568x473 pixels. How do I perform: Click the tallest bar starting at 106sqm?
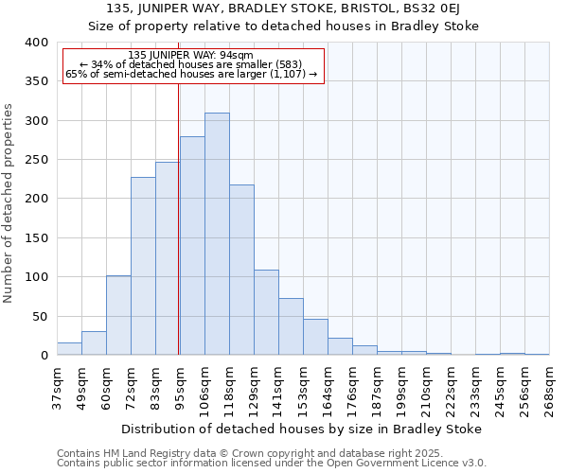pos(217,234)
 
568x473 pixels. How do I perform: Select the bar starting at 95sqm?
pos(192,246)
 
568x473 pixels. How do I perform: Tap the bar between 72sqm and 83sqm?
pos(143,266)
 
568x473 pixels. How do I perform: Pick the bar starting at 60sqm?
pos(118,315)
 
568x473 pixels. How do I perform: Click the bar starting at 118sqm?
pos(241,270)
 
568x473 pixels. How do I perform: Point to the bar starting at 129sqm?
pos(266,312)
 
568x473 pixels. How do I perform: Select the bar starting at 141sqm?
pos(291,326)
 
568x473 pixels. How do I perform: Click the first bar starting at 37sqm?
pos(69,349)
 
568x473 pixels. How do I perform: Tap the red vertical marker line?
pos(179,218)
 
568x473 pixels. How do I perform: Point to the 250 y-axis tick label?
pos(36,160)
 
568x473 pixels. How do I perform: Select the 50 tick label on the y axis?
pos(40,316)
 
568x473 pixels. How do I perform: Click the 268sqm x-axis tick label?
pos(549,388)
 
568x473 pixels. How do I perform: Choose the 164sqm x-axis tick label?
pos(328,388)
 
